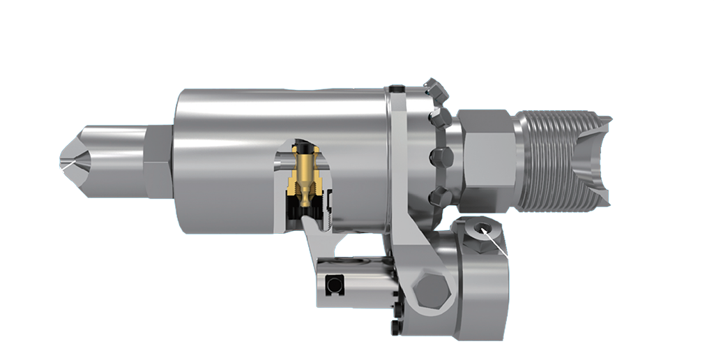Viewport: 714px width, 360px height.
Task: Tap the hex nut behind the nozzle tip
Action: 158,162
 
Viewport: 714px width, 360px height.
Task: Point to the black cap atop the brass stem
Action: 304,149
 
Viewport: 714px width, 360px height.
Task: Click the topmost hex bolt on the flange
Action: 436,89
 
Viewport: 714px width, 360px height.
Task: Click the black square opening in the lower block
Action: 335,285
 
